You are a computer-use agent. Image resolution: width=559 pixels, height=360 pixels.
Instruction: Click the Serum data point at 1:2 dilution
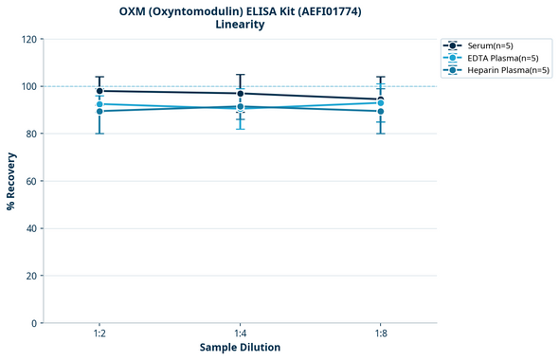click(x=99, y=91)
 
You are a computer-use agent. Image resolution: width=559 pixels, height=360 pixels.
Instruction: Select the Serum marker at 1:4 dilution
click(x=241, y=94)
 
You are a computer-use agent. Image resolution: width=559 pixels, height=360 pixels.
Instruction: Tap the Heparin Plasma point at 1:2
click(x=99, y=112)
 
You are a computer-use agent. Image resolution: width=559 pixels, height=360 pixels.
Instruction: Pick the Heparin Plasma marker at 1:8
click(x=381, y=112)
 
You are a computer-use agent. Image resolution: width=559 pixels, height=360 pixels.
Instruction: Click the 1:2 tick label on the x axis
click(x=99, y=334)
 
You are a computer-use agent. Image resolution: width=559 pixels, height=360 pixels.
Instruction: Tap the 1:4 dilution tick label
click(x=241, y=334)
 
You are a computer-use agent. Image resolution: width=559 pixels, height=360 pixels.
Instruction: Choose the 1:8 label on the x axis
click(x=381, y=334)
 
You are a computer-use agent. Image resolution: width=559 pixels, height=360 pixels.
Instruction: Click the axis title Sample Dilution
click(x=240, y=348)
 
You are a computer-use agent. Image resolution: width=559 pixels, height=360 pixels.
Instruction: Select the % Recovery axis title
click(x=11, y=181)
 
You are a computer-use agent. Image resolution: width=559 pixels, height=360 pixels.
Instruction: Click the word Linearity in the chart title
click(x=240, y=25)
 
